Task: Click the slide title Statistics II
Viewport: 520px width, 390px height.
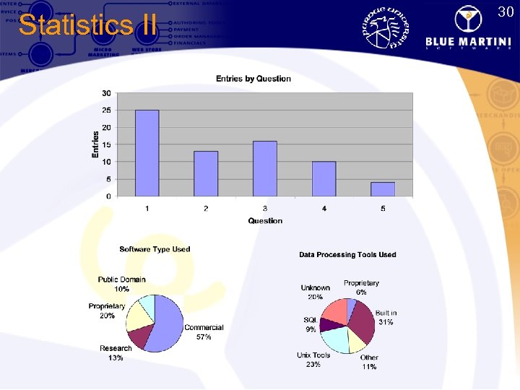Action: pyautogui.click(x=87, y=25)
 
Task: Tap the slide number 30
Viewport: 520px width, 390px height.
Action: pyautogui.click(x=506, y=12)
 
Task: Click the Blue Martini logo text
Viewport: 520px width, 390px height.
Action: pyautogui.click(x=467, y=41)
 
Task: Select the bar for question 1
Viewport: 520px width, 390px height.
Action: pyautogui.click(x=147, y=152)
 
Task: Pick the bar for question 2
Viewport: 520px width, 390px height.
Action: pyautogui.click(x=206, y=173)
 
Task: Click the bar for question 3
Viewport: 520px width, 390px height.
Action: pyautogui.click(x=265, y=168)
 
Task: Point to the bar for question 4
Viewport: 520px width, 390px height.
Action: pyautogui.click(x=324, y=178)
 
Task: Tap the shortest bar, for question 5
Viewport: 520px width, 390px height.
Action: pyautogui.click(x=383, y=188)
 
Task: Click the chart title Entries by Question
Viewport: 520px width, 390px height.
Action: pyautogui.click(x=253, y=79)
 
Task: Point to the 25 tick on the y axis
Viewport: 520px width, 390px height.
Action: pyautogui.click(x=106, y=110)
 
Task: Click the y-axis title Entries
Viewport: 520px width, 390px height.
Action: pyautogui.click(x=95, y=144)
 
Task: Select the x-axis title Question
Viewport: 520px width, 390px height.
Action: pyautogui.click(x=265, y=220)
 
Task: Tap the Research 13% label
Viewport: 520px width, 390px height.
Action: pyautogui.click(x=116, y=353)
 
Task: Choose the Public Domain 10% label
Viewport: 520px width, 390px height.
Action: pyautogui.click(x=122, y=284)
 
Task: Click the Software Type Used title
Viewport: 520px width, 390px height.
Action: pyautogui.click(x=155, y=249)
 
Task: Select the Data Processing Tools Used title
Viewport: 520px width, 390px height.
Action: pyautogui.click(x=347, y=254)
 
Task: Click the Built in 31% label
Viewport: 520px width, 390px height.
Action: pyautogui.click(x=386, y=318)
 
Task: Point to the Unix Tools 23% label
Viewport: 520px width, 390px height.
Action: pyautogui.click(x=313, y=360)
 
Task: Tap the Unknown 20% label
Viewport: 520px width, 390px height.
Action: pyautogui.click(x=316, y=292)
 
